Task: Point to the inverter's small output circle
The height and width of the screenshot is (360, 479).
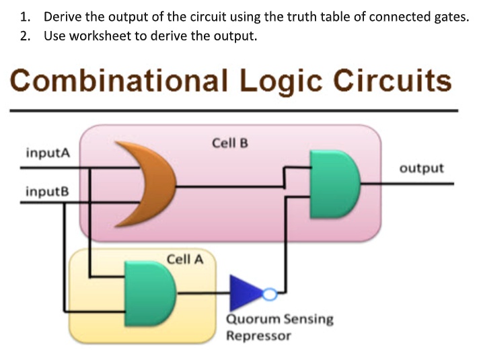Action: pyautogui.click(x=269, y=293)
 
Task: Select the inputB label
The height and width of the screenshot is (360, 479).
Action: pyautogui.click(x=47, y=192)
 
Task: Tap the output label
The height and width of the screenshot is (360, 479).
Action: pyautogui.click(x=422, y=168)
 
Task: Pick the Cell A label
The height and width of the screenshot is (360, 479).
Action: pyautogui.click(x=184, y=258)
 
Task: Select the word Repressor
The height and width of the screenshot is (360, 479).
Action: pyautogui.click(x=258, y=335)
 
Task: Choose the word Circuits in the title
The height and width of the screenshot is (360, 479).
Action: pyautogui.click(x=394, y=82)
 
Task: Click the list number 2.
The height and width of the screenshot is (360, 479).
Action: pyautogui.click(x=24, y=36)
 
